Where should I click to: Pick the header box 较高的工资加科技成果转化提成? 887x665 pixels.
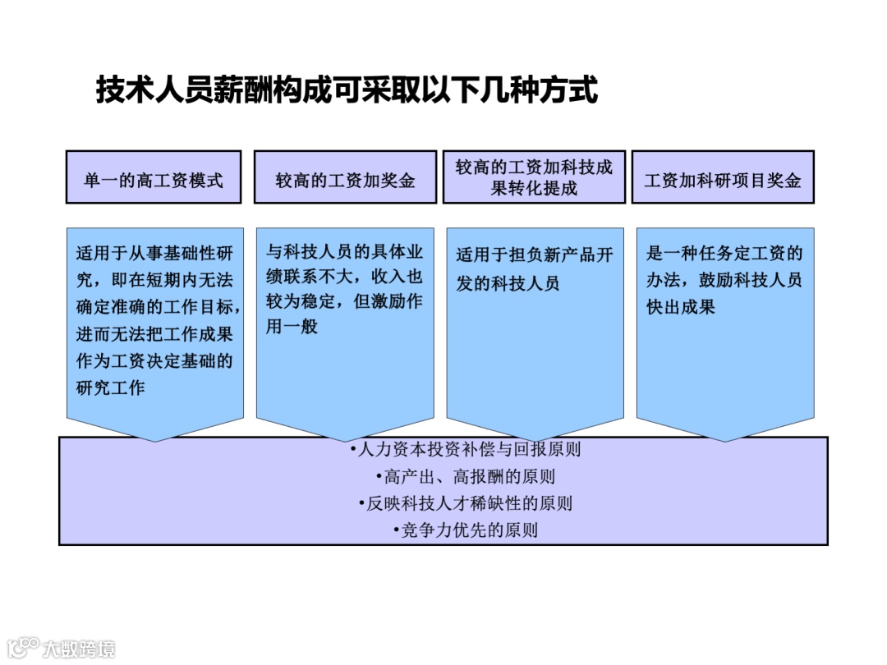(534, 177)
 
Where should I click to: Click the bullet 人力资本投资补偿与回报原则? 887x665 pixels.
(466, 450)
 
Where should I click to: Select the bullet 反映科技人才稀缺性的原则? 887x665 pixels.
(466, 503)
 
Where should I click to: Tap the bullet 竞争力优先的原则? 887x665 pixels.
(466, 530)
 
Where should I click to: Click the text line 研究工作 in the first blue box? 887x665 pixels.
(111, 387)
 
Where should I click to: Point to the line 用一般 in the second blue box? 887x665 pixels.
(292, 327)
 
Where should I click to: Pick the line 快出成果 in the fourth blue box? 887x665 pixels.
(681, 307)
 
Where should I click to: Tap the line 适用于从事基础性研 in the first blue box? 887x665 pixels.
(154, 254)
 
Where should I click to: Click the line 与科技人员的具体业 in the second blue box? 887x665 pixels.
(345, 250)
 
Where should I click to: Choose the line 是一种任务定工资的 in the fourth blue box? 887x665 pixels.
(724, 254)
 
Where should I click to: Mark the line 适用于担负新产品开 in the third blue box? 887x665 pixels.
(535, 255)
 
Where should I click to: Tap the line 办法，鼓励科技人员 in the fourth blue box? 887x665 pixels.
(724, 280)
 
